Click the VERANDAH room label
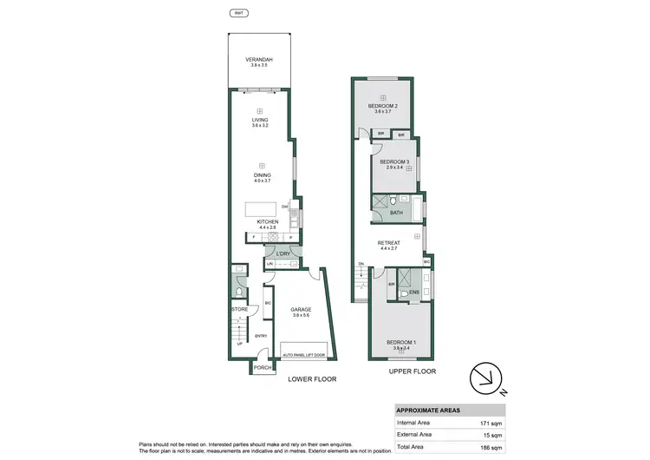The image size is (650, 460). coord(259,60)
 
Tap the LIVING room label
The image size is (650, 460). coord(260,121)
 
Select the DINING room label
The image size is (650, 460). coord(263,175)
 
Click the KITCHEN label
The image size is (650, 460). coord(267,222)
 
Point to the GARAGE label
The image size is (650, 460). coord(302,310)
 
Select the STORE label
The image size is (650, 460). coord(239,309)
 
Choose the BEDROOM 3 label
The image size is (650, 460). coord(393,161)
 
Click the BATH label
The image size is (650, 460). coord(396,213)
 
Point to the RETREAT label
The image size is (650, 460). coord(388,243)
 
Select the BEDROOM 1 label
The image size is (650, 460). coord(401,342)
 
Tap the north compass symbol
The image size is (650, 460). coord(486,378)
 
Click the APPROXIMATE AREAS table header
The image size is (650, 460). coord(428,411)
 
